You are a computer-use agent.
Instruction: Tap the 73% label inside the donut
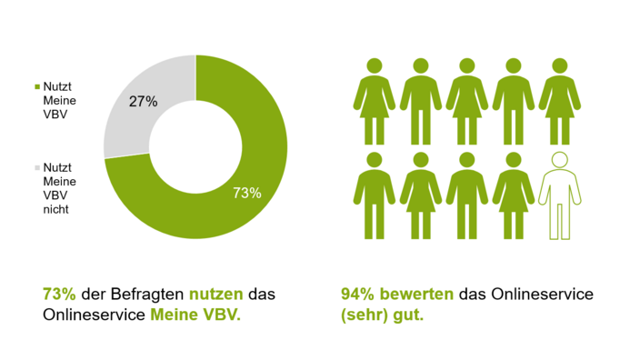click(x=246, y=193)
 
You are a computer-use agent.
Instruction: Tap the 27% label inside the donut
click(x=143, y=102)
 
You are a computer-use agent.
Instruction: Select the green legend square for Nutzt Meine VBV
click(x=37, y=86)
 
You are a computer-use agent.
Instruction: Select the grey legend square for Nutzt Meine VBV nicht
click(x=37, y=168)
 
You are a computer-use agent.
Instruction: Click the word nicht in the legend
click(x=55, y=209)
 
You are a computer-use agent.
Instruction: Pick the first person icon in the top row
click(x=374, y=102)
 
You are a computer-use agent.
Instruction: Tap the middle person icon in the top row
click(x=465, y=102)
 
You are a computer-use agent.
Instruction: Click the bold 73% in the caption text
click(x=59, y=295)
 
